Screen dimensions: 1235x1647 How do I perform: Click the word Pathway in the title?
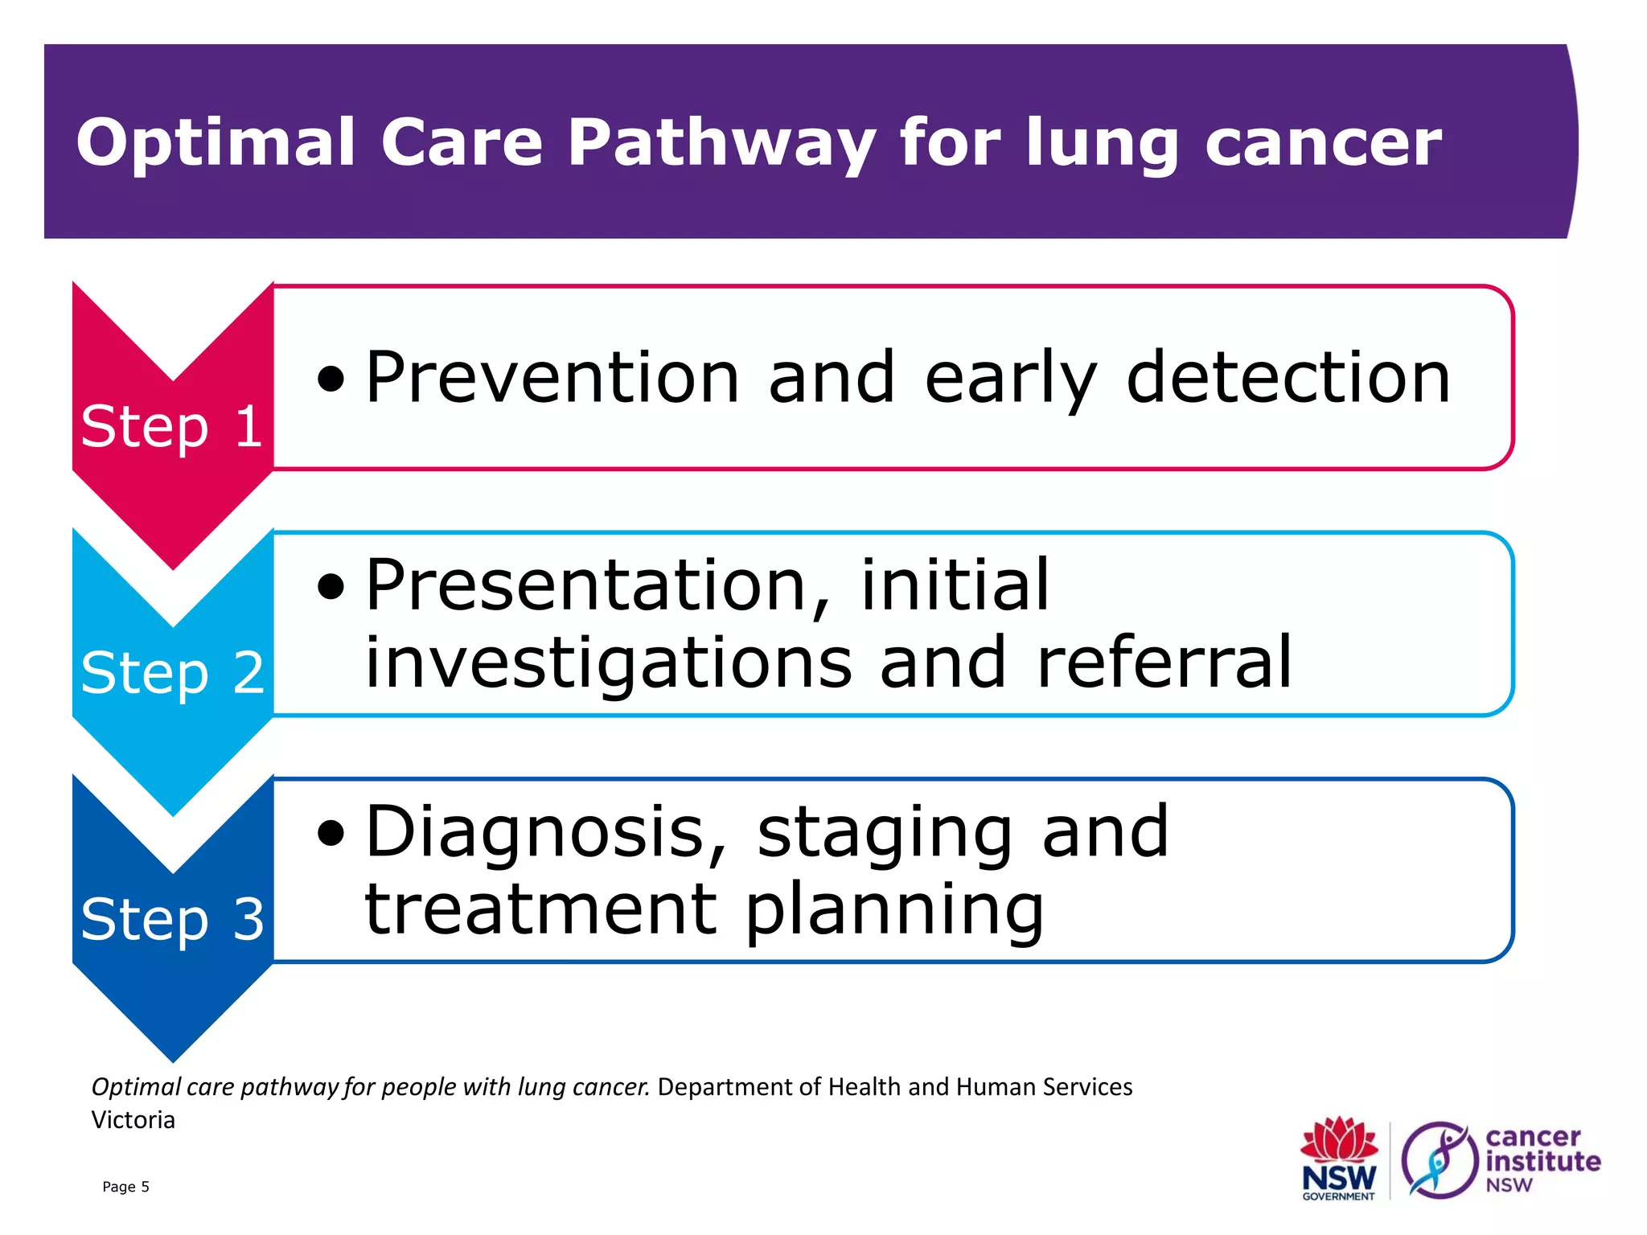(721, 143)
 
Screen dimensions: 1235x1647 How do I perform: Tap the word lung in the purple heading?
(1101, 143)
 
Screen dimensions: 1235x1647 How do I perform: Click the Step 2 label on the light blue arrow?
(172, 673)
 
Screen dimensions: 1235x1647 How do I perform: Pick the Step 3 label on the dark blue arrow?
(172, 919)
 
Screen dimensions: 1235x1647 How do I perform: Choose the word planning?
(894, 910)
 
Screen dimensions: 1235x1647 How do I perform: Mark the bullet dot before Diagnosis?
(331, 833)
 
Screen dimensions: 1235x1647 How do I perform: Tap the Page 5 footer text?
(125, 1187)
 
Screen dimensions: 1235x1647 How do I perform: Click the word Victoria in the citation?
(133, 1120)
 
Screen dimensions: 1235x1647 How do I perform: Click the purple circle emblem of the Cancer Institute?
(1439, 1159)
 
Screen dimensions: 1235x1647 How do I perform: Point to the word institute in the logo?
(1542, 1161)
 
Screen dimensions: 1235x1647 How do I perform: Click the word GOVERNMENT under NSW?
(1338, 1196)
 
